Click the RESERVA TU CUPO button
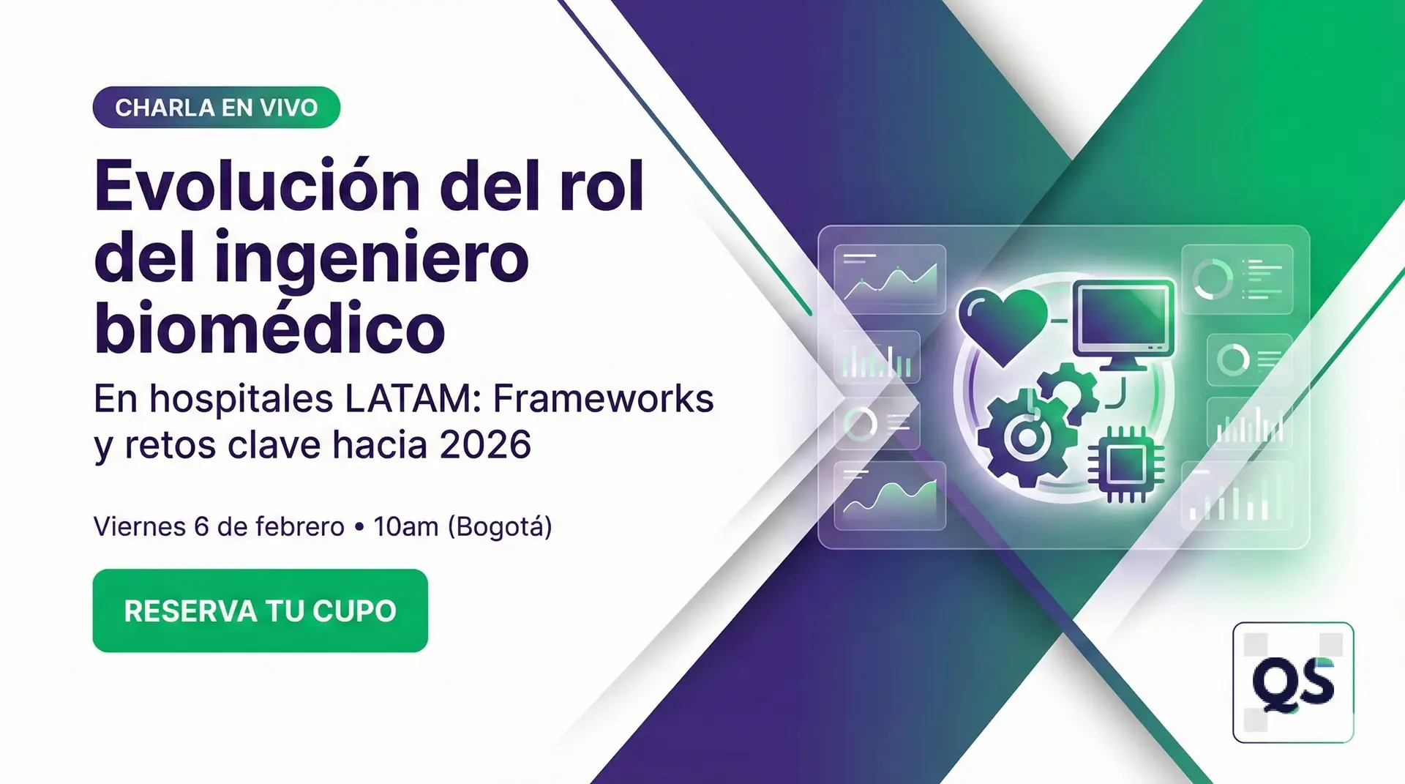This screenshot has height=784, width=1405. tap(260, 611)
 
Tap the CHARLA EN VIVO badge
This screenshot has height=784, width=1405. tap(216, 108)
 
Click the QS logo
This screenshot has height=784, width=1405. tap(1293, 682)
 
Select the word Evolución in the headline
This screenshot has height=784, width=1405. tap(257, 187)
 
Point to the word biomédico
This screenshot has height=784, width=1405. tap(269, 329)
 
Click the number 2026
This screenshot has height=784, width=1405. tap(485, 444)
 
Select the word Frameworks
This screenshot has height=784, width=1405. tap(603, 399)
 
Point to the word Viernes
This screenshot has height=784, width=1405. tap(139, 526)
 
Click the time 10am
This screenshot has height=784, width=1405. tap(405, 526)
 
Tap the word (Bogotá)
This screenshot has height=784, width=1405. tap(500, 527)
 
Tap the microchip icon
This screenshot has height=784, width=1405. tap(1125, 463)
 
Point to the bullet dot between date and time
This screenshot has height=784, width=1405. tap(359, 527)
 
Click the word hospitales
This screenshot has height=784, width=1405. tap(241, 399)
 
